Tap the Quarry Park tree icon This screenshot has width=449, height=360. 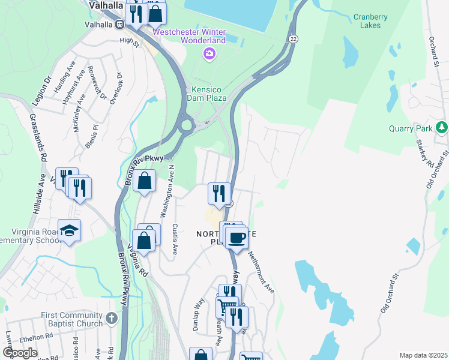[x=442, y=127]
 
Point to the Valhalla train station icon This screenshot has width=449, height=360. [x=120, y=25]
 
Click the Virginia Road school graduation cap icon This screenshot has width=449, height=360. [x=70, y=230]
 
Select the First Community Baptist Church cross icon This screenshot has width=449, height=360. [x=111, y=318]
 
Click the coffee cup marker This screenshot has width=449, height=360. [x=237, y=238]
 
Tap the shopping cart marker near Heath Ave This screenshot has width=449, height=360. [x=226, y=307]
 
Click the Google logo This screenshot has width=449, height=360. [x=20, y=353]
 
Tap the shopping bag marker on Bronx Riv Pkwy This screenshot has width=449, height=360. [x=145, y=181]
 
